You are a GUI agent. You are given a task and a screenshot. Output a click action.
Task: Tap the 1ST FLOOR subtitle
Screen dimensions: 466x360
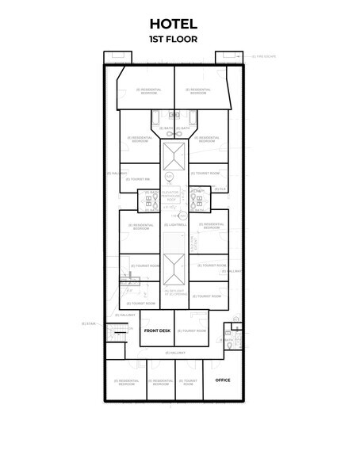(173, 38)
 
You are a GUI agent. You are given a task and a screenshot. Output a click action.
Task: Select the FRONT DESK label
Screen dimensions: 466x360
(157, 330)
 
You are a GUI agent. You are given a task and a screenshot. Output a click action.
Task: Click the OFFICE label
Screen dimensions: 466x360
(223, 380)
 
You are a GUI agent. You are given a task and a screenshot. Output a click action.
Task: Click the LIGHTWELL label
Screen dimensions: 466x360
(175, 225)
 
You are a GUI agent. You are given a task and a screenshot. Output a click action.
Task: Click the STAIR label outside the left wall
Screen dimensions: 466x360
(88, 323)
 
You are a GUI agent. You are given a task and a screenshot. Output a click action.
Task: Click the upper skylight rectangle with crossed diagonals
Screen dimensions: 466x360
(174, 153)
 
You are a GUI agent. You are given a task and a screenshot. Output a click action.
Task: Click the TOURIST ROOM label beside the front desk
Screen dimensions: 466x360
(191, 330)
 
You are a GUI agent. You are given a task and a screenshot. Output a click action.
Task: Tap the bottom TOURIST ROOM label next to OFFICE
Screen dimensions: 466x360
(188, 382)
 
